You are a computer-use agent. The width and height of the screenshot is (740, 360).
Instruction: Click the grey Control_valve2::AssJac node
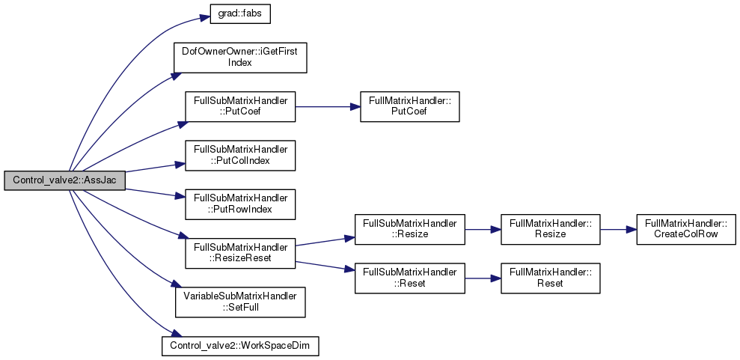[64, 180]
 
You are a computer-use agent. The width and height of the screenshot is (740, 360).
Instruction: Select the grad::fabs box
[240, 15]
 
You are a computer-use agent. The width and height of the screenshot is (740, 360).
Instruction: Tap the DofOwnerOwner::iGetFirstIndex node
[240, 58]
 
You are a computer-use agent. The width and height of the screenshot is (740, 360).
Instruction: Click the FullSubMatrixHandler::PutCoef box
[240, 106]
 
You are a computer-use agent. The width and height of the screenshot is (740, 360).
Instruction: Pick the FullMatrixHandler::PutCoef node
[409, 106]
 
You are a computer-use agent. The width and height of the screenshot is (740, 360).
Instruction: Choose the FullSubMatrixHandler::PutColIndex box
[240, 155]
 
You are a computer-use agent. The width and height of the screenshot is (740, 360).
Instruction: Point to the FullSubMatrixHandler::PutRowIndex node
[240, 204]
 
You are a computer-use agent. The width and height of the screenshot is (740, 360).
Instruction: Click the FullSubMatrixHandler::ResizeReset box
[240, 254]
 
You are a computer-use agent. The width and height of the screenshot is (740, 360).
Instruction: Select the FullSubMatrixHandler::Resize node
[409, 229]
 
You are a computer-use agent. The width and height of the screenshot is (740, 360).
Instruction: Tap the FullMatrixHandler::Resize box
[550, 229]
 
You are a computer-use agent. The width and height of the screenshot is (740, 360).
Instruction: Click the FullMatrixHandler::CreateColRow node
[685, 229]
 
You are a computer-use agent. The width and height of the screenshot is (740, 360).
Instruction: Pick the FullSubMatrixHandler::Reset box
[409, 278]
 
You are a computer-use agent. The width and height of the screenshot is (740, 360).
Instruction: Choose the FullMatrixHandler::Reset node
[550, 278]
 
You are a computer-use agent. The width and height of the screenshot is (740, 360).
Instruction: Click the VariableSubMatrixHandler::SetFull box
[240, 302]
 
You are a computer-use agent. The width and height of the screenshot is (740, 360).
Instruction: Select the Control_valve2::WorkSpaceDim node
[240, 346]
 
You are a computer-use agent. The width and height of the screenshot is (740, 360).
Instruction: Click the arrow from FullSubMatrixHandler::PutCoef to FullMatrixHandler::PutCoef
[328, 107]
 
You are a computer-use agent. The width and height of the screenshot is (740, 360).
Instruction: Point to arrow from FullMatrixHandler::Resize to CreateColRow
[618, 229]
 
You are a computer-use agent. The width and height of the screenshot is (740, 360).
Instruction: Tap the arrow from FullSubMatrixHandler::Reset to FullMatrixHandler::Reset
[483, 278]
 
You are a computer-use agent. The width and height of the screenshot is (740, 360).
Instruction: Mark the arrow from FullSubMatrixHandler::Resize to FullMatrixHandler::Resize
[483, 229]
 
